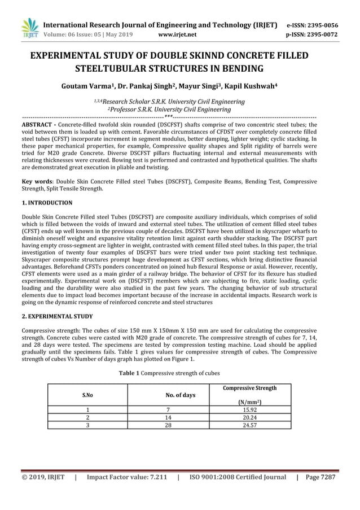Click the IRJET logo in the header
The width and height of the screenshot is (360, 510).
tap(29, 29)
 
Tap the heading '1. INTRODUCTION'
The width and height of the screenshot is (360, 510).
tap(47, 202)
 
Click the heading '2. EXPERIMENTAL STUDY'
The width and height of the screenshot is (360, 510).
tap(57, 317)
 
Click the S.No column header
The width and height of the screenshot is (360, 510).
tap(87, 395)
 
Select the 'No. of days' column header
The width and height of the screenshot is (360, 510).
tap(180, 395)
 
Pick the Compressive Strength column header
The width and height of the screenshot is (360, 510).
tap(249, 388)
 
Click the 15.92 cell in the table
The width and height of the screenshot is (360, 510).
tap(249, 410)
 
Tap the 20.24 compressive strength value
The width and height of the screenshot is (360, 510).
tap(249, 418)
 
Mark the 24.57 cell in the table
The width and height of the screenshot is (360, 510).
tap(249, 426)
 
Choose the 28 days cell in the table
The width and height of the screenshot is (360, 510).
tap(168, 426)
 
